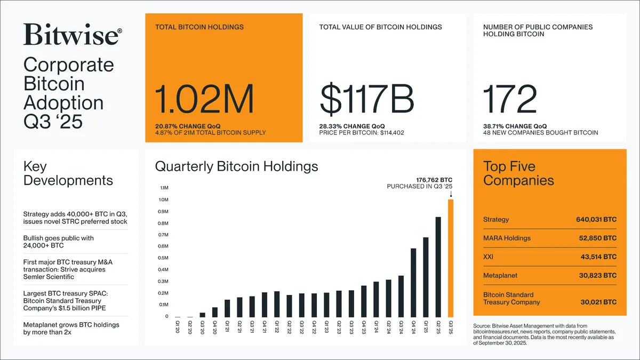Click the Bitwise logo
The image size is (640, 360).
click(73, 35)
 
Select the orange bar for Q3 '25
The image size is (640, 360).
click(451, 259)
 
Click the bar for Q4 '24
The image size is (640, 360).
click(413, 283)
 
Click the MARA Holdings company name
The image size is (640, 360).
click(507, 238)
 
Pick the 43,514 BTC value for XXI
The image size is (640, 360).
click(598, 257)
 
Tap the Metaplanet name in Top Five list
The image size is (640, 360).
click(500, 276)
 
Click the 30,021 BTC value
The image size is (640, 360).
click(598, 302)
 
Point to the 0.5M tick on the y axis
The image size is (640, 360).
click(164, 258)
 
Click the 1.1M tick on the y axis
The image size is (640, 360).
click(164, 188)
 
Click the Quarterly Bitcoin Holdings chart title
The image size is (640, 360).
click(236, 166)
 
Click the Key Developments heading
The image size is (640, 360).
click(68, 173)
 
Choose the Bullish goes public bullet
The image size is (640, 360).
click(59, 242)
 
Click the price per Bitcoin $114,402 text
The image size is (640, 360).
click(362, 132)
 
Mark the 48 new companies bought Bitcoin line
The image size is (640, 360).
click(540, 132)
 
